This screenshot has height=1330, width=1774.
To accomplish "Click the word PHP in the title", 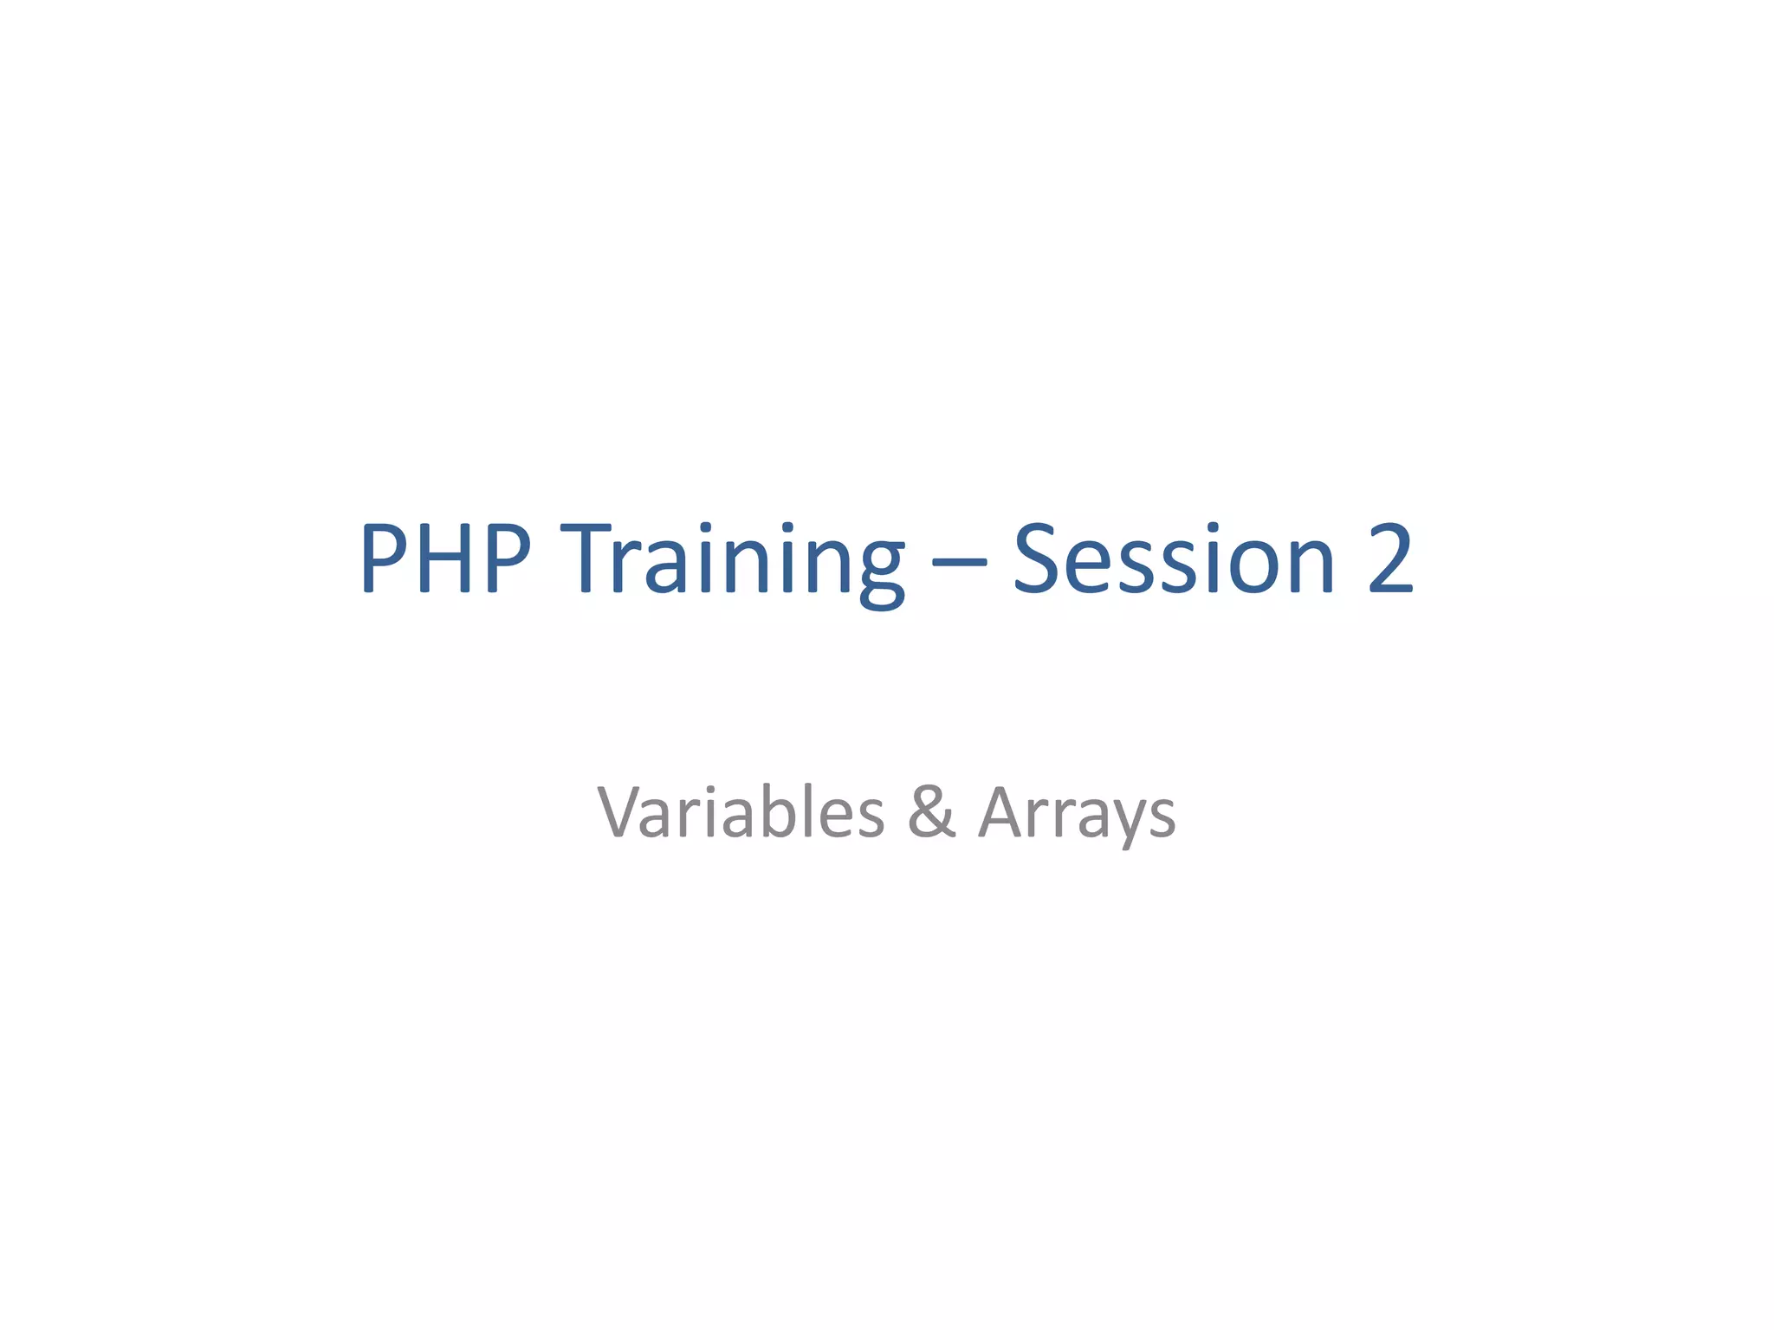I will point(444,558).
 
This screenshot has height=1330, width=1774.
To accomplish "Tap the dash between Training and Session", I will point(959,561).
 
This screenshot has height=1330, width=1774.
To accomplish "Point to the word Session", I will point(1174,558).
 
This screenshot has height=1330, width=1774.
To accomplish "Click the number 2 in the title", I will point(1389,558).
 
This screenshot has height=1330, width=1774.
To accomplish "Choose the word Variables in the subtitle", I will point(741,812).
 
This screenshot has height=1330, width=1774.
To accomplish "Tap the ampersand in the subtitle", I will point(932,812).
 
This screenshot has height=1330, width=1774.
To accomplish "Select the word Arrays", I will point(1077,814).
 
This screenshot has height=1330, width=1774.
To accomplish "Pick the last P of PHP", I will point(508,558).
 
